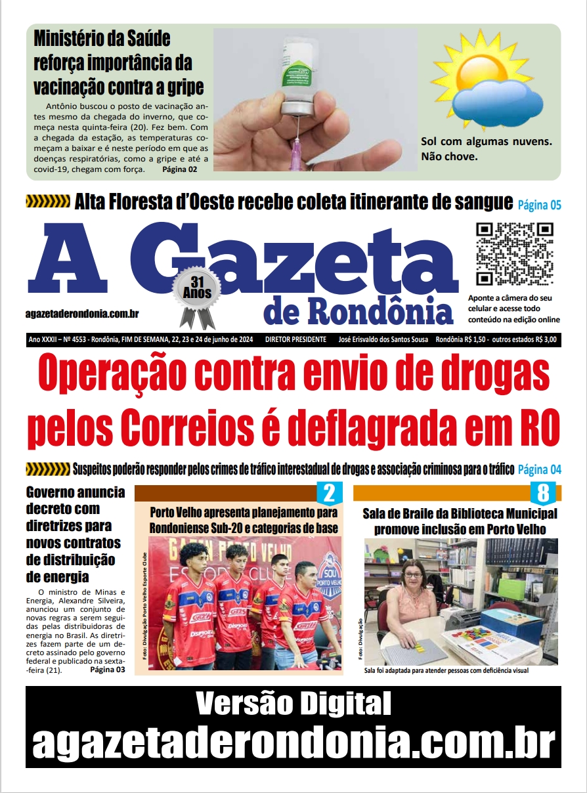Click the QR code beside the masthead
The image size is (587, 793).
pyautogui.click(x=514, y=253)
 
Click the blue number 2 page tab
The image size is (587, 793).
pyautogui.click(x=330, y=492)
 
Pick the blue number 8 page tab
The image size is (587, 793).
pyautogui.click(x=543, y=492)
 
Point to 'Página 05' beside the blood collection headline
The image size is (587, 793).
pyautogui.click(x=539, y=205)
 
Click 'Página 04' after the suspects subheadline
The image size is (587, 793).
pyautogui.click(x=539, y=469)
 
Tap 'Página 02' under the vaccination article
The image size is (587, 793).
pyautogui.click(x=179, y=169)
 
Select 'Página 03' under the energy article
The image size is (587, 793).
pyautogui.click(x=107, y=670)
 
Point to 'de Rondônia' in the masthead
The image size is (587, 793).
pyautogui.click(x=359, y=312)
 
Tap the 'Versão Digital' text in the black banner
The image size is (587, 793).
pyautogui.click(x=293, y=704)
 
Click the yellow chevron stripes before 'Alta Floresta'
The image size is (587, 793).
pyautogui.click(x=47, y=202)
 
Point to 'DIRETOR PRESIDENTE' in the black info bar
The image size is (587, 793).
pyautogui.click(x=295, y=339)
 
